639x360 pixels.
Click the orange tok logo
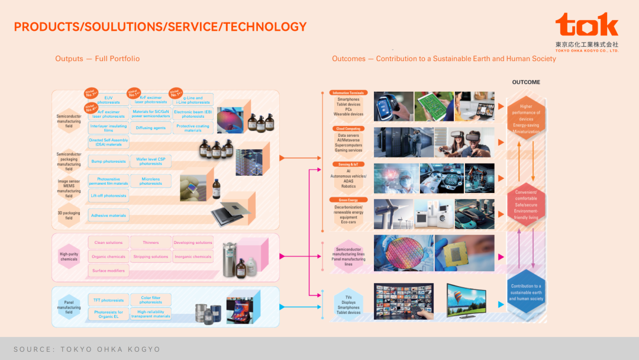586,25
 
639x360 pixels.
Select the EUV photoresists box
108,100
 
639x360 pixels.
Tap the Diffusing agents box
150,127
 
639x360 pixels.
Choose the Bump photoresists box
108,161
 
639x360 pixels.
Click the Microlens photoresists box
150,181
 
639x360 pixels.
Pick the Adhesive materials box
108,216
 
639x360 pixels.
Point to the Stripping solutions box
150,257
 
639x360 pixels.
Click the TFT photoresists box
108,300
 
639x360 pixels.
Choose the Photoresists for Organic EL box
108,314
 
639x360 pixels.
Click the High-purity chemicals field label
69,256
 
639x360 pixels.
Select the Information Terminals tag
348,93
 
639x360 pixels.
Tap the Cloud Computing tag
348,128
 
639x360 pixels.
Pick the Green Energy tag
348,200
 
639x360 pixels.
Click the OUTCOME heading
525,82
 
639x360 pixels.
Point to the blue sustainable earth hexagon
526,292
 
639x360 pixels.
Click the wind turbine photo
392,214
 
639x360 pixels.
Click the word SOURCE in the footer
32,349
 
